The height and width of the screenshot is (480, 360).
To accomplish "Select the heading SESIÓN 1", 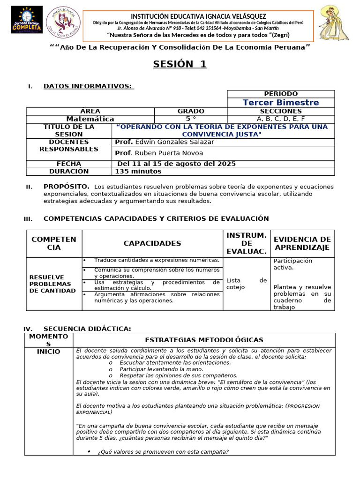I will point(180,64).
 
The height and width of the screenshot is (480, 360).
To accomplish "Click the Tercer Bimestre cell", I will point(280,102).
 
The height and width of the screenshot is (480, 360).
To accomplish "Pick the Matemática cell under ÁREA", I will point(90,119).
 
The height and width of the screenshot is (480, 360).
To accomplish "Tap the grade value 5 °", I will point(190,119).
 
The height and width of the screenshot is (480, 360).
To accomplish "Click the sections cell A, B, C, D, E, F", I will point(280,119).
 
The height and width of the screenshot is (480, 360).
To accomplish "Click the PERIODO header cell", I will point(280,94).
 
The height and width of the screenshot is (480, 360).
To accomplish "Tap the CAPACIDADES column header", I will point(152,243).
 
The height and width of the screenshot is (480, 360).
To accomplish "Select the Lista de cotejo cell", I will point(246,284).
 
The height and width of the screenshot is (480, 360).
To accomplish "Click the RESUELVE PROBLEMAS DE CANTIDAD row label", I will point(52,284).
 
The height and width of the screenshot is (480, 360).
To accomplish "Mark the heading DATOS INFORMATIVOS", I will point(88,86).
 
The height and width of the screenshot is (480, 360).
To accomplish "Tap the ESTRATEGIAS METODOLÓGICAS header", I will point(204,340).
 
